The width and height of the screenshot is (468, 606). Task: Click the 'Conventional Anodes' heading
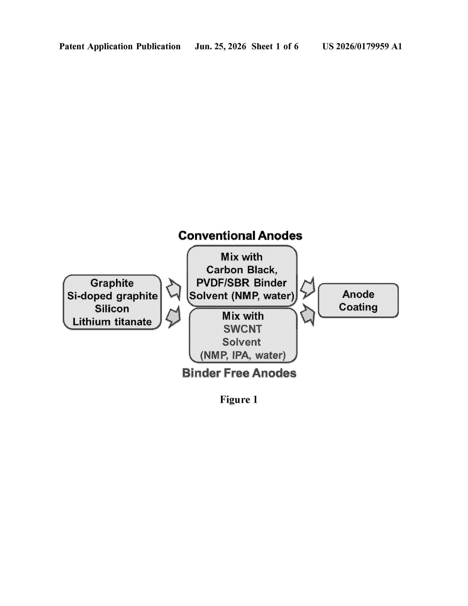(240, 236)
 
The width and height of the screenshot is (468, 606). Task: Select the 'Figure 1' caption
(239, 400)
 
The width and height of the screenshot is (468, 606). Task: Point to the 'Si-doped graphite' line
(112, 296)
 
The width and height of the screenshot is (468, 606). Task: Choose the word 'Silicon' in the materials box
(112, 309)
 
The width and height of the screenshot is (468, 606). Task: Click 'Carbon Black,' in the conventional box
(242, 270)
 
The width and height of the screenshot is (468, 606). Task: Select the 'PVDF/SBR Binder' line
(241, 283)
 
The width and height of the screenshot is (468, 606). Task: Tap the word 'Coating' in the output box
(358, 307)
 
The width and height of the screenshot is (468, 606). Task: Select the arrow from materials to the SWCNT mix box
(173, 317)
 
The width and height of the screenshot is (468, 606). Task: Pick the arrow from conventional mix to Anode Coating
(308, 288)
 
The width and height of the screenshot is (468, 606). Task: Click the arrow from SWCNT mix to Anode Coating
(308, 315)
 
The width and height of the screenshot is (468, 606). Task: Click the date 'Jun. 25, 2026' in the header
(220, 46)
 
